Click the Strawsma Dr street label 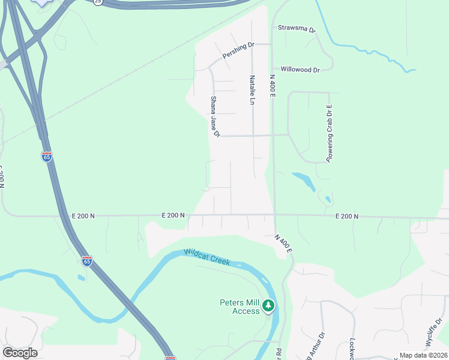coord(296,28)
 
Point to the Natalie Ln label coord(252,90)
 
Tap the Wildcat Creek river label coord(207,258)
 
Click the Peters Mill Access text coord(238,306)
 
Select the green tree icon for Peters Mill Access coord(269,306)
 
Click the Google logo coord(20,353)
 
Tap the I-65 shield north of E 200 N coord(47,157)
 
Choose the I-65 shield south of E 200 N coord(87,261)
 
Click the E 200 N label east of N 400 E coord(346,216)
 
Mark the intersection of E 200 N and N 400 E coord(274,215)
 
